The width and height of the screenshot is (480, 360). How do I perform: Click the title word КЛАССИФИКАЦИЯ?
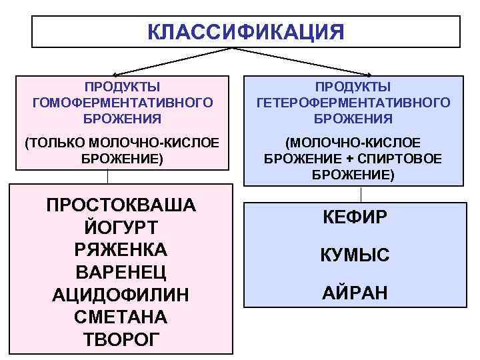(246, 32)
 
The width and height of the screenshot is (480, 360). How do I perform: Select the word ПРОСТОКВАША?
(121, 204)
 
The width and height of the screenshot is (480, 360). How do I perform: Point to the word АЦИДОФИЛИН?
(121, 294)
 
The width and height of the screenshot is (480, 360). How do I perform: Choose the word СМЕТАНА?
(121, 316)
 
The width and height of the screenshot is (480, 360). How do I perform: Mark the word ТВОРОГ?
(121, 339)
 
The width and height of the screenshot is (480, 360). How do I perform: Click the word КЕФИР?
(354, 218)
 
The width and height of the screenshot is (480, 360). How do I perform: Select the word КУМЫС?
(354, 255)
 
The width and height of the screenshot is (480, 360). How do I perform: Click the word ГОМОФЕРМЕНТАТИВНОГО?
(122, 103)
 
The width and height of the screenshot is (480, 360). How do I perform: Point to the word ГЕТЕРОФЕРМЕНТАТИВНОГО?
(353, 103)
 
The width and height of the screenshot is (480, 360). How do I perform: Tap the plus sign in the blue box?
(350, 159)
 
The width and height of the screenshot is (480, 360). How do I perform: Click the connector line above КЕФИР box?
(361, 194)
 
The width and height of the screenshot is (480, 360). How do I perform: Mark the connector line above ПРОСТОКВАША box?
(107, 176)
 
